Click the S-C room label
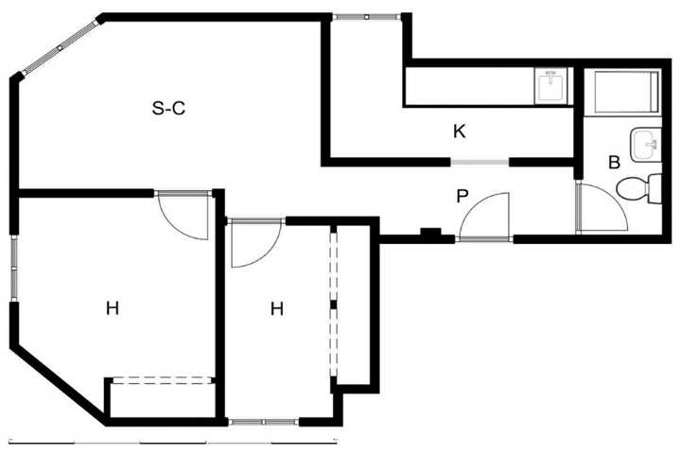168,108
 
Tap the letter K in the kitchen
459,131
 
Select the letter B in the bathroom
614,163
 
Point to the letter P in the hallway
463,197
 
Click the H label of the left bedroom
113,308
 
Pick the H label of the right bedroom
277,309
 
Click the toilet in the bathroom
638,189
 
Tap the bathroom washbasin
645,145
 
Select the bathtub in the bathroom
626,92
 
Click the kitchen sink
550,86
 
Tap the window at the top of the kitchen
367,17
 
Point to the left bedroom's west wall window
14,269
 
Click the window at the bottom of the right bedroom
264,422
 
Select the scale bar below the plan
173,443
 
